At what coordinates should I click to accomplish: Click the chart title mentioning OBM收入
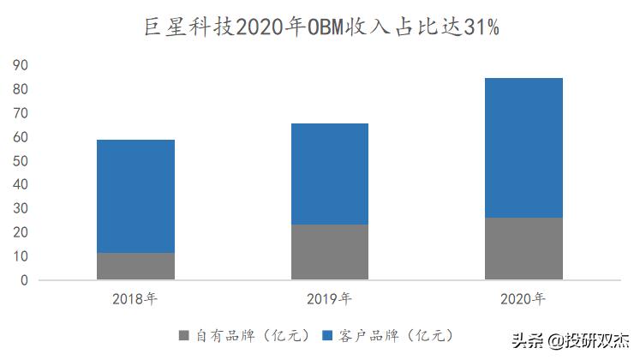click(320, 27)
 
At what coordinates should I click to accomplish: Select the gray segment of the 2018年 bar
click(135, 266)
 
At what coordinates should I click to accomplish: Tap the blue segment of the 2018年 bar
click(135, 196)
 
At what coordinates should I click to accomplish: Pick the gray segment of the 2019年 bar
click(329, 252)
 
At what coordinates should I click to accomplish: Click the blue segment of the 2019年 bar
click(329, 174)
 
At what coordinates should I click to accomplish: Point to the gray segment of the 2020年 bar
click(523, 249)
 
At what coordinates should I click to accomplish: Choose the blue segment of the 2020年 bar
click(523, 147)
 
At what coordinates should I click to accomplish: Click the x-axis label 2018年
click(135, 299)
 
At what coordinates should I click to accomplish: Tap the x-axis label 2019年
click(329, 299)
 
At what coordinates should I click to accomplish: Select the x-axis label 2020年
click(523, 299)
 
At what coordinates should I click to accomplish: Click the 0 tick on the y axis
click(25, 280)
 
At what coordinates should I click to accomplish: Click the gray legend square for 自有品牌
click(184, 333)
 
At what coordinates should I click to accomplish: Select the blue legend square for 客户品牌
click(326, 333)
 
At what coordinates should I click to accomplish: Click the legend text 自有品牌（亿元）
click(249, 333)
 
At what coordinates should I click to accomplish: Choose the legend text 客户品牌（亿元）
click(392, 333)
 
